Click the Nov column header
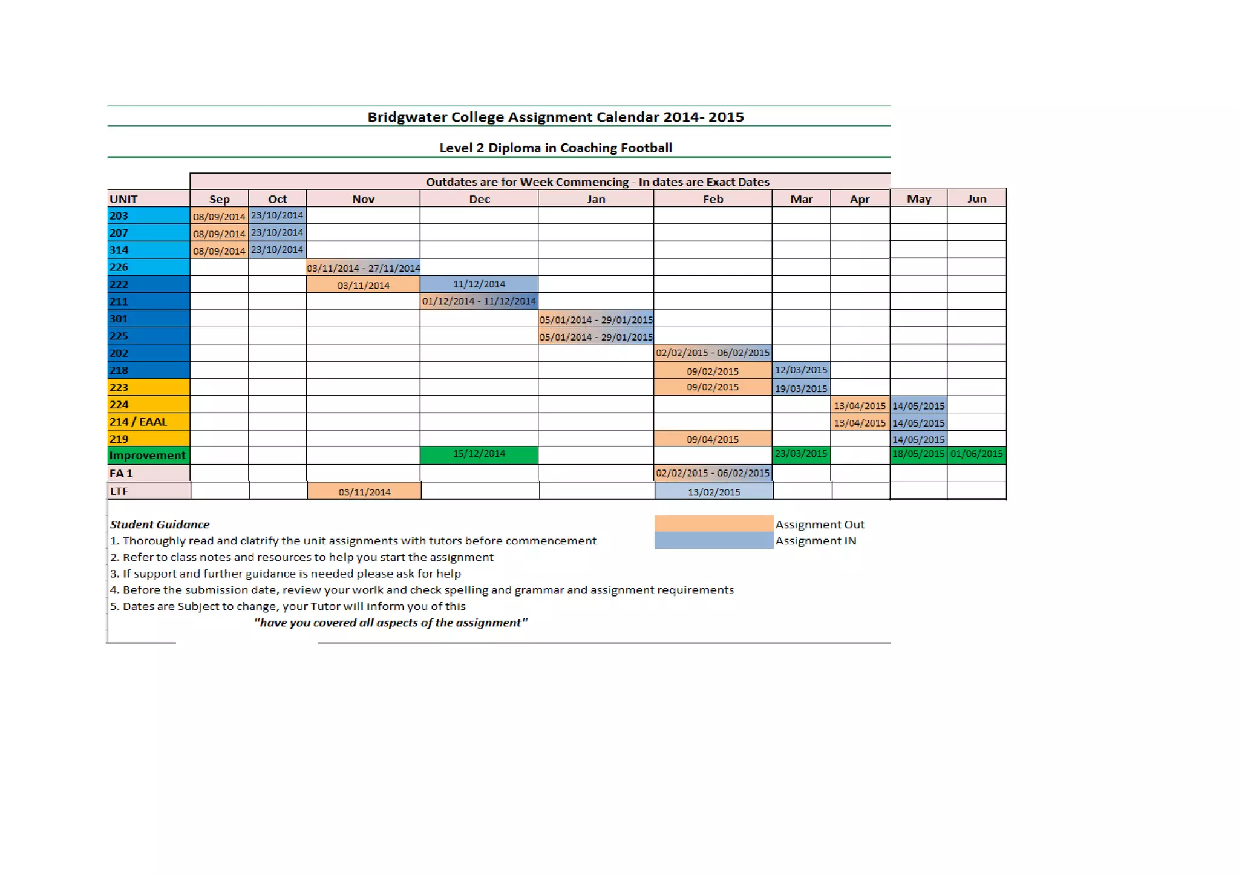[x=363, y=199]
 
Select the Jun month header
[x=976, y=198]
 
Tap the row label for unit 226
[x=148, y=267]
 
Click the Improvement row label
[x=148, y=455]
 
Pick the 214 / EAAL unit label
[x=148, y=422]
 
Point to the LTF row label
[x=148, y=491]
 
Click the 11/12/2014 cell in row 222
[x=479, y=284]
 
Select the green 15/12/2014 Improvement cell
[x=479, y=454]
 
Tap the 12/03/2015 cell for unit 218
[x=800, y=370]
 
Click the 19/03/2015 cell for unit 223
[x=800, y=388]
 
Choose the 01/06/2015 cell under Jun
[x=976, y=454]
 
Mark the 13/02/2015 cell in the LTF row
[x=713, y=492]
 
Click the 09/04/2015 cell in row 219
[x=712, y=439]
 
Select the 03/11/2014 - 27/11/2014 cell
[x=363, y=267]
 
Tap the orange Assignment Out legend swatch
[x=713, y=523]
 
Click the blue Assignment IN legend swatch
[x=713, y=540]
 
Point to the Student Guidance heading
[x=160, y=525]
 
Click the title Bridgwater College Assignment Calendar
[x=555, y=117]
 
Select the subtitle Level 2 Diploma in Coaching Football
[x=555, y=148]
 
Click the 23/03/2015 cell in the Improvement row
[x=800, y=454]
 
